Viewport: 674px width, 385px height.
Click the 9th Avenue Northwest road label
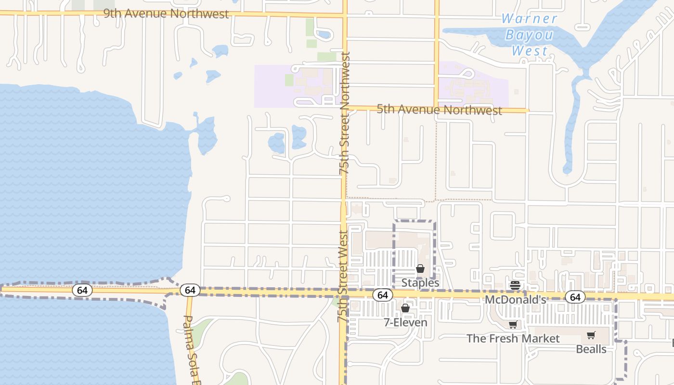click(166, 13)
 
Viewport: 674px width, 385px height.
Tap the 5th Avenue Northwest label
click(439, 110)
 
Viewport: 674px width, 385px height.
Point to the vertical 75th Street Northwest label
click(345, 113)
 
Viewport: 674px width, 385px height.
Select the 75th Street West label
click(343, 276)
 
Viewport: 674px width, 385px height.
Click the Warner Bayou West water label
click(529, 35)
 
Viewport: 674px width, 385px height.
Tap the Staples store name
click(420, 282)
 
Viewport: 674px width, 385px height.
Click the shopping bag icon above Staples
click(420, 269)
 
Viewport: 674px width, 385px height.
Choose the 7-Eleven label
click(405, 322)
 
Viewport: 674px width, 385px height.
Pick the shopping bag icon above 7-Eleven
click(405, 308)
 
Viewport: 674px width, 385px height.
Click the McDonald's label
click(515, 299)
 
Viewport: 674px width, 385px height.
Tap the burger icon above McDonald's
click(515, 285)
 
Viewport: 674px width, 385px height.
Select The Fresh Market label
click(513, 338)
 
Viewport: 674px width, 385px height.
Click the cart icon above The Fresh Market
click(513, 325)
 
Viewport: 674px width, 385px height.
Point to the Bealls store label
click(591, 349)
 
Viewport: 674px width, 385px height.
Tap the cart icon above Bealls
click(591, 335)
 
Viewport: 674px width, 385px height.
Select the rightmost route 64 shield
click(575, 297)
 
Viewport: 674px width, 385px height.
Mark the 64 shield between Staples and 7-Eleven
click(383, 295)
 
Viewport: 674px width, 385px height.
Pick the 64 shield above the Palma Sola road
click(190, 290)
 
